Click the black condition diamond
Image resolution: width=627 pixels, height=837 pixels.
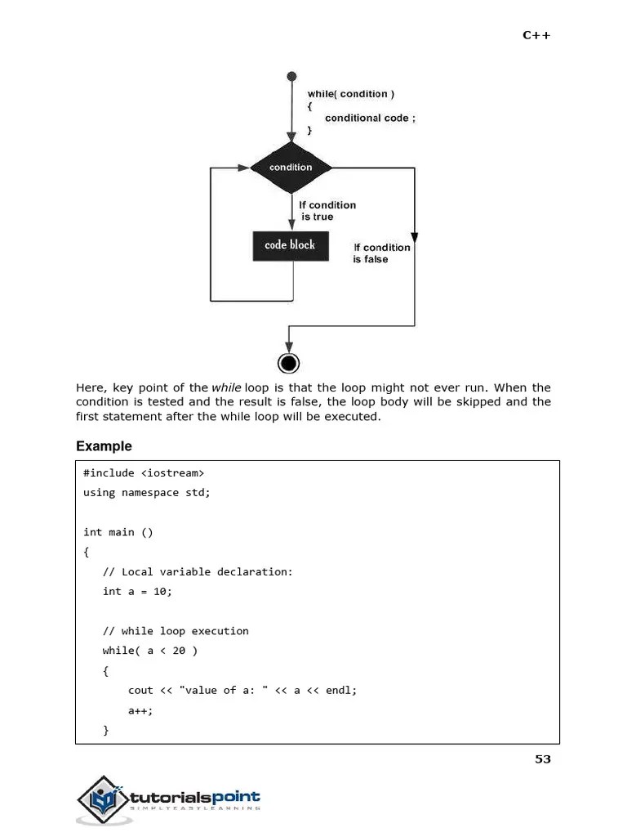pyautogui.click(x=291, y=168)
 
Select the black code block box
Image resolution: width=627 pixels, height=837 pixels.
pyautogui.click(x=291, y=245)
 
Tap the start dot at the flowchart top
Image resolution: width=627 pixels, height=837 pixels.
pyautogui.click(x=291, y=77)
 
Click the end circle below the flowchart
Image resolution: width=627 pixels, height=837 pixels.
pyautogui.click(x=288, y=363)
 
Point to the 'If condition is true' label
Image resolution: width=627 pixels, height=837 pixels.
pyautogui.click(x=327, y=211)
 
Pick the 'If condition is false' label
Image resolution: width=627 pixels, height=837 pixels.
pyautogui.click(x=381, y=253)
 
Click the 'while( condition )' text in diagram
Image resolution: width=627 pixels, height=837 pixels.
pyautogui.click(x=351, y=94)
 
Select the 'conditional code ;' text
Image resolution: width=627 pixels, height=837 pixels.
pyautogui.click(x=370, y=118)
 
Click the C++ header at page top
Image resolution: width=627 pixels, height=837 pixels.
pyautogui.click(x=536, y=35)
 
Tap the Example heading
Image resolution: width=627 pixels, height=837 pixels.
pyautogui.click(x=104, y=446)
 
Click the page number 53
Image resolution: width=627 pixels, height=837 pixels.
pyautogui.click(x=543, y=759)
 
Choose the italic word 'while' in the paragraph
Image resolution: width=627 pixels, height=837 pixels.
pyautogui.click(x=226, y=387)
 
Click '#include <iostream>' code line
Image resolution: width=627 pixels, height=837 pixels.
pyautogui.click(x=144, y=473)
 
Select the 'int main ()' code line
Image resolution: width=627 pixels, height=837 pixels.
pyautogui.click(x=118, y=532)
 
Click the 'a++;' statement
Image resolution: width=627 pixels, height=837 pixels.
pyautogui.click(x=140, y=710)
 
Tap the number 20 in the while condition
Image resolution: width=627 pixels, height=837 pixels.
pyautogui.click(x=179, y=651)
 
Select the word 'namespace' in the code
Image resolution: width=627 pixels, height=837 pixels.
pyautogui.click(x=150, y=493)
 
